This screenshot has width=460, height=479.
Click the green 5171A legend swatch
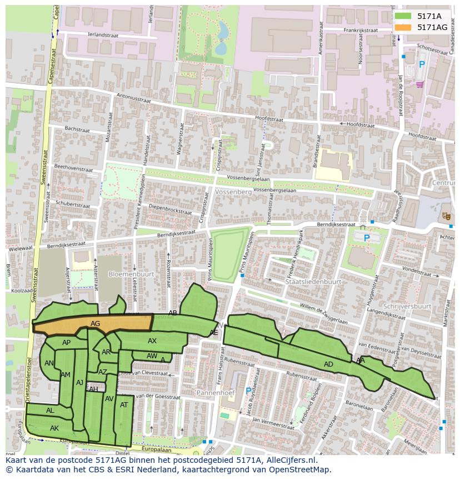coord(403,16)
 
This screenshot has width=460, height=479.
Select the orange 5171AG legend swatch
coord(403,27)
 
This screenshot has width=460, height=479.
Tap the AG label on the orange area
coord(95,323)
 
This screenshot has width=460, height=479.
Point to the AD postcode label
coord(328,364)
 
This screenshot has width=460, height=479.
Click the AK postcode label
coord(54,428)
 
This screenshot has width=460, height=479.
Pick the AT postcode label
coord(124,405)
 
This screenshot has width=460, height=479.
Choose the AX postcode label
coord(152,341)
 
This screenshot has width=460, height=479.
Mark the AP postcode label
coord(66,343)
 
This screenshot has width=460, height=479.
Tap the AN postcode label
coord(49,363)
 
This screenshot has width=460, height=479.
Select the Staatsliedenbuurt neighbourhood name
coord(313,282)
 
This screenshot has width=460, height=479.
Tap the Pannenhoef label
coord(216,393)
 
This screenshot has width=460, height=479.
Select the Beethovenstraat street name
coord(73,167)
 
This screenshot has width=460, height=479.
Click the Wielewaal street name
coord(20,248)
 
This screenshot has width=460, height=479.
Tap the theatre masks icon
coord(446,215)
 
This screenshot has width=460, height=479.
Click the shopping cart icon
coord(419,85)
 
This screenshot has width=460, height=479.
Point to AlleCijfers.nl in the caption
coord(289,460)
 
